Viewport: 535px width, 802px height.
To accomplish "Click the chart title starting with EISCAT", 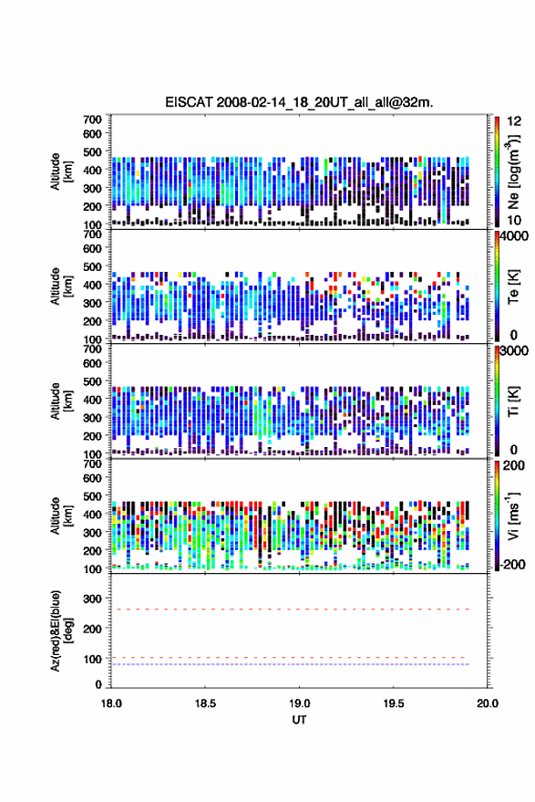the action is click(x=299, y=102).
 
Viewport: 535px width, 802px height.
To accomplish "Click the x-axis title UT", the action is click(x=299, y=720).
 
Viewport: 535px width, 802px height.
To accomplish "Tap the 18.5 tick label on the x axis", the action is click(x=205, y=703).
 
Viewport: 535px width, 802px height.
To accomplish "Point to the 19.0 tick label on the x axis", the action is click(x=299, y=703).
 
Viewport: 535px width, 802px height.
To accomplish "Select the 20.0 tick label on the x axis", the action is click(x=488, y=703).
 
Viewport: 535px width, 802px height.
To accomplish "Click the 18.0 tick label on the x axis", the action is click(x=111, y=703).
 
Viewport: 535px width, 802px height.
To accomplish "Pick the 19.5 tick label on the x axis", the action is click(x=394, y=703).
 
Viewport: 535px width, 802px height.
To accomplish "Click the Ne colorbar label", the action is click(x=513, y=172).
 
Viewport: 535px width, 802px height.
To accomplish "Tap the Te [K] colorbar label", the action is click(x=513, y=286).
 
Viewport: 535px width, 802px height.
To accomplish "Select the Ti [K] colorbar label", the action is click(x=513, y=401).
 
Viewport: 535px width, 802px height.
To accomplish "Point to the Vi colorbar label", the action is click(x=513, y=516).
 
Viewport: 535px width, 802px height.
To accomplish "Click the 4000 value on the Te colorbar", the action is click(x=514, y=236).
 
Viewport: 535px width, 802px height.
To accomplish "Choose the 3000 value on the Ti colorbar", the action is click(x=514, y=351).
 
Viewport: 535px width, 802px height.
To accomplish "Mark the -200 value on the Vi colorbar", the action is click(x=511, y=564).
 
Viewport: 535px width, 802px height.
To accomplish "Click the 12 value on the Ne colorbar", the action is click(x=515, y=121).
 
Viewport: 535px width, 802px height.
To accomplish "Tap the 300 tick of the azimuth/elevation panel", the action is click(x=92, y=599).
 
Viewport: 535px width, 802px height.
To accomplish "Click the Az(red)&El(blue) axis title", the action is click(x=59, y=630).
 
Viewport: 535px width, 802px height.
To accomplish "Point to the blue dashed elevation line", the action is click(x=290, y=664).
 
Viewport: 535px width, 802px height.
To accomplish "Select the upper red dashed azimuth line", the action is click(x=290, y=609).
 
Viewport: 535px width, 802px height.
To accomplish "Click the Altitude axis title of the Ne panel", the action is click(x=59, y=172).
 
